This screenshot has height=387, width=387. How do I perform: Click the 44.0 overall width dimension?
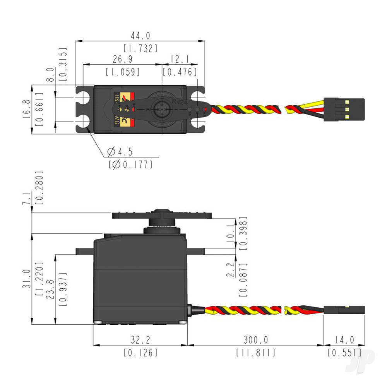[x=140, y=36]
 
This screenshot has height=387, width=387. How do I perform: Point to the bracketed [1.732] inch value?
[x=140, y=48]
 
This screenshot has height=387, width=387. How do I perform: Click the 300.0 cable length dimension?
[x=255, y=340]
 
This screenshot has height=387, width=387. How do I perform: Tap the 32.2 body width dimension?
[x=140, y=340]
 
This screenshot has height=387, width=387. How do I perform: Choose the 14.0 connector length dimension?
[x=344, y=340]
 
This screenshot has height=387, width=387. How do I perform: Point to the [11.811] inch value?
[x=255, y=353]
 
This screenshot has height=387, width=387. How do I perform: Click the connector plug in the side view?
[x=344, y=310]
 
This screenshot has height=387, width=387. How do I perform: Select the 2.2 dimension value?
[x=231, y=270]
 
